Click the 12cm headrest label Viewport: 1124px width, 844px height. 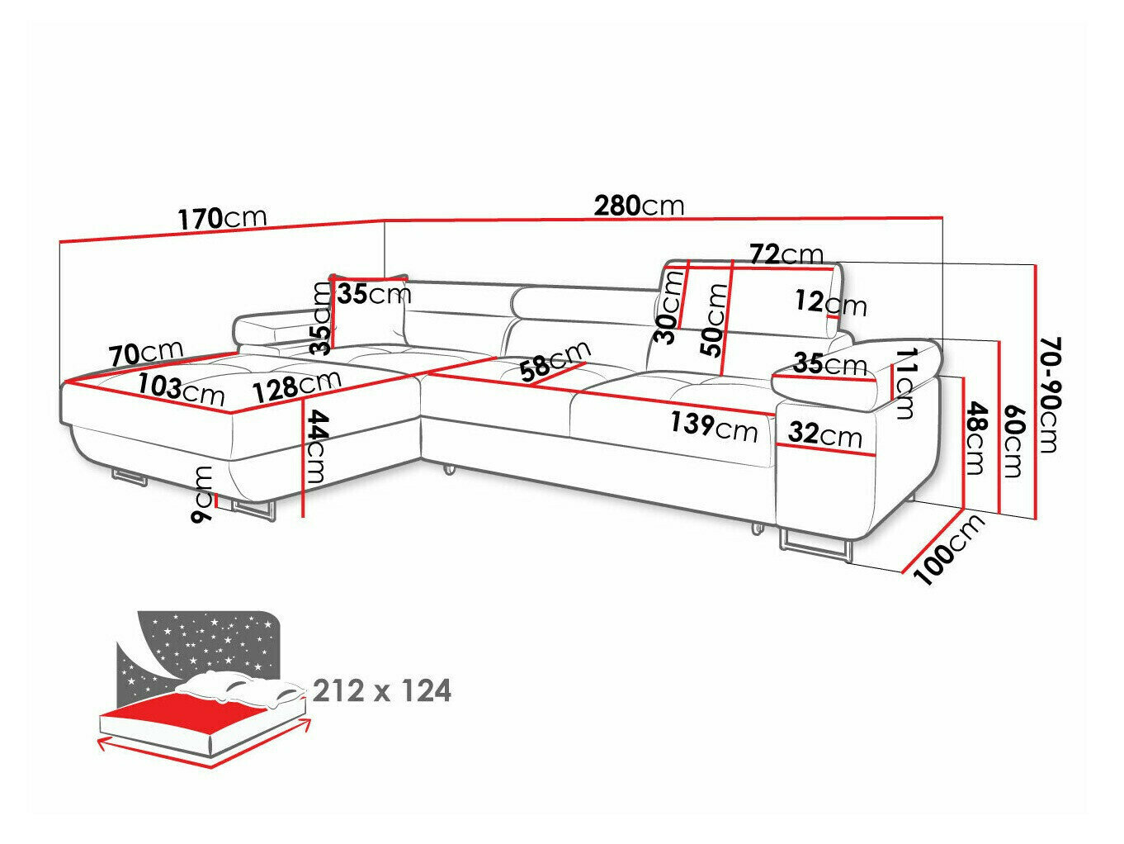pyautogui.click(x=831, y=303)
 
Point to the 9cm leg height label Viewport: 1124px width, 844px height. pyautogui.click(x=201, y=495)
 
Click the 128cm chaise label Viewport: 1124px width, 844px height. pyautogui.click(x=296, y=386)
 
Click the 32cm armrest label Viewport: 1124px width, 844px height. pyautogui.click(x=825, y=434)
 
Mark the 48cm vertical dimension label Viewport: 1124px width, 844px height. pyautogui.click(x=975, y=438)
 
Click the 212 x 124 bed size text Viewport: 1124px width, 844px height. pyautogui.click(x=382, y=690)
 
